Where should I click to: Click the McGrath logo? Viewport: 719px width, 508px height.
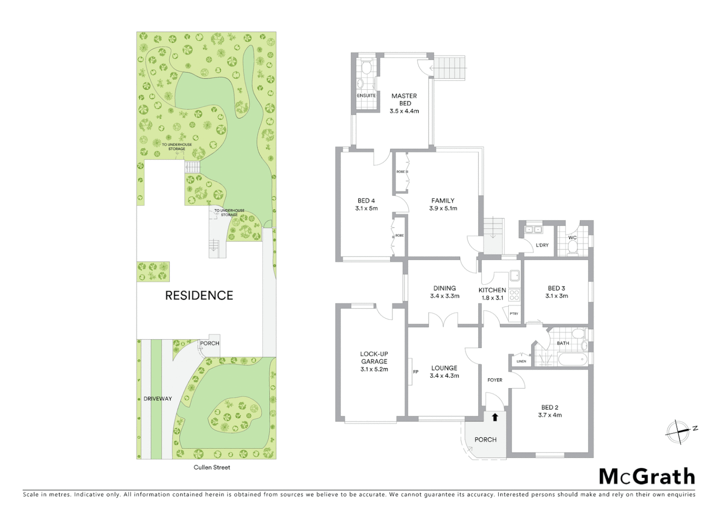coord(647,476)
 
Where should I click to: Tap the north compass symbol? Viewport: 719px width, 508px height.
coord(678,431)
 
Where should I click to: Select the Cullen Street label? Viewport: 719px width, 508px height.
coord(212,467)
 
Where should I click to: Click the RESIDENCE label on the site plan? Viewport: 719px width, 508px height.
coord(199,295)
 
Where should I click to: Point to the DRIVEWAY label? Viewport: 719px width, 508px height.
coord(158,398)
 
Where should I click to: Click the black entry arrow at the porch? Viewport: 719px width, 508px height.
coord(495,417)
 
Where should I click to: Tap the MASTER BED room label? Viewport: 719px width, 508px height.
coord(404,99)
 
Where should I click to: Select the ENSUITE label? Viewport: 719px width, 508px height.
coord(366,95)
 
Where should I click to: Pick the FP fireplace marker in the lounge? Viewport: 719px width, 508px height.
coord(415,372)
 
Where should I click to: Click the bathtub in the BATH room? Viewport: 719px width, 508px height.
coord(572,360)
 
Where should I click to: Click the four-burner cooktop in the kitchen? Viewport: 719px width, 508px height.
coord(514,295)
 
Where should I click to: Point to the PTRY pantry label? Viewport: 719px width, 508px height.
coord(514,314)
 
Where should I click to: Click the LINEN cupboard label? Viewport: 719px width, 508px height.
coord(521,361)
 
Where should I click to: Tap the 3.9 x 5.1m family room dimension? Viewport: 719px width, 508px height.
coord(443,208)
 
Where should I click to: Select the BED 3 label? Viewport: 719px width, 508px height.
coord(556,288)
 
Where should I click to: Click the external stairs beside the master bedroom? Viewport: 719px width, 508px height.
coord(449,68)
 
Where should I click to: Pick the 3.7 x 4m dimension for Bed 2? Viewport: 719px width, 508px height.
coord(550,415)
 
